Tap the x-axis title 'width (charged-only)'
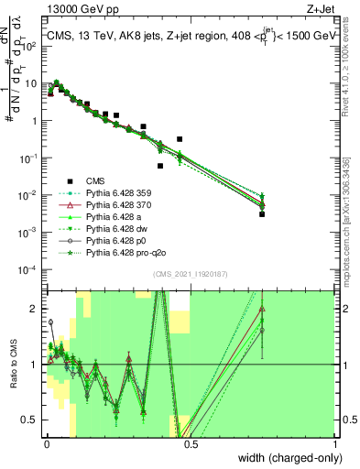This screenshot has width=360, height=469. coord(285,455)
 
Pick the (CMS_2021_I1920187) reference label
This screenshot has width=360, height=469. coord(191,275)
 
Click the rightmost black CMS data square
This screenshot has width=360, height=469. coord(262,213)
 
